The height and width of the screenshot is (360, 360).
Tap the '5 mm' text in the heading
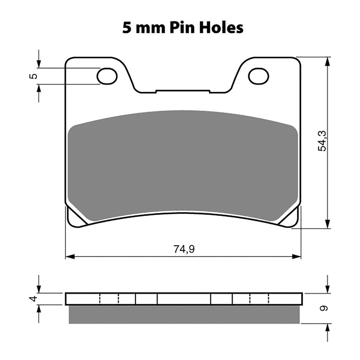141,27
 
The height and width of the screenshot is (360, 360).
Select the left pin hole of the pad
107,76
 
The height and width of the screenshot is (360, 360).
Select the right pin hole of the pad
258,76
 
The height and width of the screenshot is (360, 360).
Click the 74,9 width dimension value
183,249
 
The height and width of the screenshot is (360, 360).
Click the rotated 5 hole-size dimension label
32,76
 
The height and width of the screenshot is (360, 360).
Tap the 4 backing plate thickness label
32,299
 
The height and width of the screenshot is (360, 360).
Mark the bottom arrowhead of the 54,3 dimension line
328,225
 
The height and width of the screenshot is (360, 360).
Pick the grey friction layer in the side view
183,315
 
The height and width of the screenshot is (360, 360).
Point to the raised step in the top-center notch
183,90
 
